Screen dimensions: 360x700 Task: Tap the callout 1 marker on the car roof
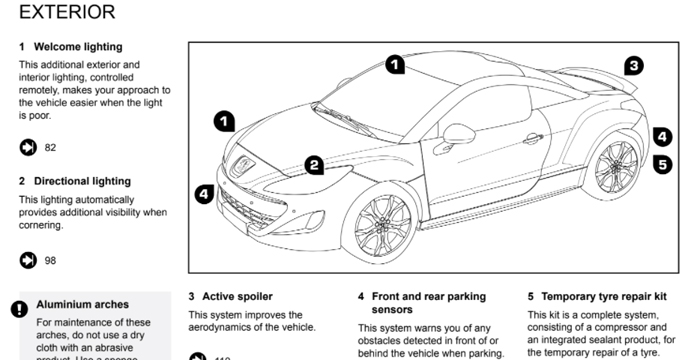[x=396, y=65]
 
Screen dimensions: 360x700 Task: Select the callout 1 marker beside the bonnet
[x=225, y=122]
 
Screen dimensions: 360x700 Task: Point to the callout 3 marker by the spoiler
[x=633, y=66]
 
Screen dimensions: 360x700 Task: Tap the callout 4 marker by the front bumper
[x=204, y=194]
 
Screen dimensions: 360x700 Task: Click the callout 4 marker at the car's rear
[x=662, y=137]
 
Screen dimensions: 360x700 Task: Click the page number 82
[x=50, y=148]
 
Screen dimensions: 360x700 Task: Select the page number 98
[x=50, y=261]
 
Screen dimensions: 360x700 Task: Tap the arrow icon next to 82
[x=27, y=148]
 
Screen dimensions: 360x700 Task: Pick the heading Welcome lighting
[x=78, y=46]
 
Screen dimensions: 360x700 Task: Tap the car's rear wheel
[x=614, y=165]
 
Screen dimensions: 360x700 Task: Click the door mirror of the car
[x=460, y=133]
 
